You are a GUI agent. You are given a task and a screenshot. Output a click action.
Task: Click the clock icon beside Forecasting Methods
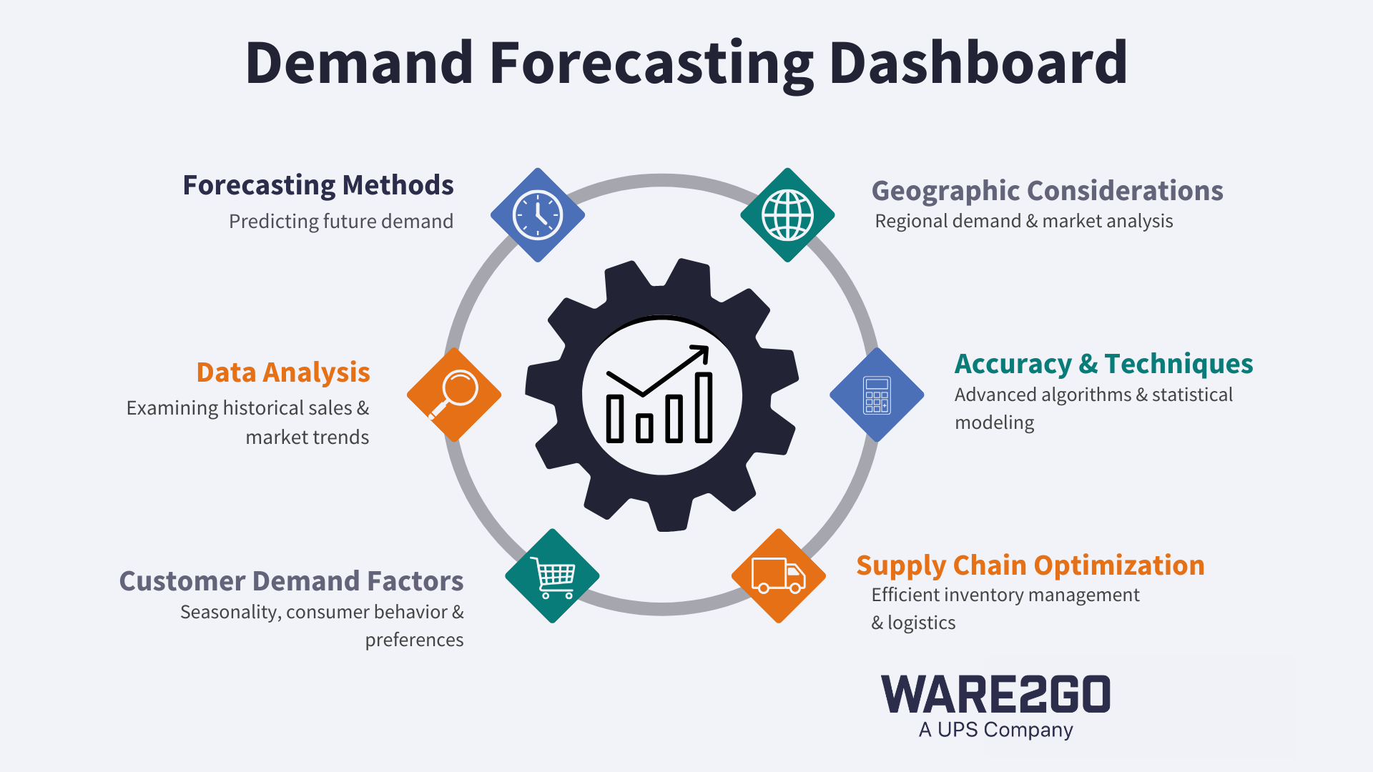coord(538,215)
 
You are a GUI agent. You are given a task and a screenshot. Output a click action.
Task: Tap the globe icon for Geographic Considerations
coord(787,215)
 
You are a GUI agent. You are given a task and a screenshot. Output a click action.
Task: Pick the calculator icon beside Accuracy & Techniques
coord(877,395)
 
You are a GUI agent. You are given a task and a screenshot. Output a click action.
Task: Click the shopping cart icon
coord(552,575)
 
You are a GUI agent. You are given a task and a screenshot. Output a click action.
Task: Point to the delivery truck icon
coord(779,575)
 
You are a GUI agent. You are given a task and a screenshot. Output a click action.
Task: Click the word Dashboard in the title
coord(978,63)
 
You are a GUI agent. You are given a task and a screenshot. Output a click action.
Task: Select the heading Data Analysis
coord(283,372)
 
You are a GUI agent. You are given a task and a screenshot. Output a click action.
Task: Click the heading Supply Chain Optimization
coord(1030,565)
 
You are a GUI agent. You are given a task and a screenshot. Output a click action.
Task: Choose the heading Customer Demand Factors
coord(291,581)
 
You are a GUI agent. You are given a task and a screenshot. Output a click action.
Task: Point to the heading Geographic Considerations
coord(1047,191)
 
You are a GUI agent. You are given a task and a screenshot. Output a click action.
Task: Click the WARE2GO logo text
coord(995,694)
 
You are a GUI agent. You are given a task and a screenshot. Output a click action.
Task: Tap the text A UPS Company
coord(995,730)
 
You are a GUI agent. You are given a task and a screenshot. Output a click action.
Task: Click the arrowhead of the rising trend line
coord(702,352)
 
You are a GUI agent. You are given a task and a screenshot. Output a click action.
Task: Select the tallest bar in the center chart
coord(704,407)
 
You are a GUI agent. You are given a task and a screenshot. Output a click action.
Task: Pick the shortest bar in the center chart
coord(644,427)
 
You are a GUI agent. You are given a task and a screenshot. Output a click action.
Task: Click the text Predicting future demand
coord(340,222)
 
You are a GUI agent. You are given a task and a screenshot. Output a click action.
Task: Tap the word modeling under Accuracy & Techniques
coord(994,422)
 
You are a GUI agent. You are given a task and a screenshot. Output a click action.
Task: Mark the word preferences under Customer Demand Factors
coord(414,640)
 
